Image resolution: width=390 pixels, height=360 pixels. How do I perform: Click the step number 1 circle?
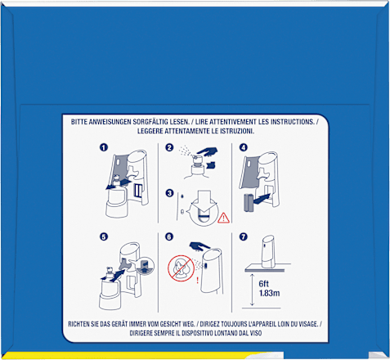104,147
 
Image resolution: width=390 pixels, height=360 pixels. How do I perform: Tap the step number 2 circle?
169,147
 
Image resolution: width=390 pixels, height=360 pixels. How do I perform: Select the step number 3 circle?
169,193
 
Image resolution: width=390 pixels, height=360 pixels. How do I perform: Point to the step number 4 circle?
243,147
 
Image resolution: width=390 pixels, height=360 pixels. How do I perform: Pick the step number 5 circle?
104,236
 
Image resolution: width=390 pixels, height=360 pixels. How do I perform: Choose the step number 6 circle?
169,236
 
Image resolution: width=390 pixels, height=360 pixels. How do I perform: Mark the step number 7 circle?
243,236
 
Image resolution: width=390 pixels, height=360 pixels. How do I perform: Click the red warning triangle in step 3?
223,218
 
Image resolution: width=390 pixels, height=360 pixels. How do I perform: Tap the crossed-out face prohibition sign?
181,268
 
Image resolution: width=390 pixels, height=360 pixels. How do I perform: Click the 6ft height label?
263,284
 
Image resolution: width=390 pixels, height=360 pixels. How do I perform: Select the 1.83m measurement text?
269,293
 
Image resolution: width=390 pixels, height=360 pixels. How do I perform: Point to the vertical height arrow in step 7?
252,290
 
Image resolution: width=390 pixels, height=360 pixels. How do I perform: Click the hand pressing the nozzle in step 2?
208,151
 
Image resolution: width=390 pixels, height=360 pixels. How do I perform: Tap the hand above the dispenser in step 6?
199,245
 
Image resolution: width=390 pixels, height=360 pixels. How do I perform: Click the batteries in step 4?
248,203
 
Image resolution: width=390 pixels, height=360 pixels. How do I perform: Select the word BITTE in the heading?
79,122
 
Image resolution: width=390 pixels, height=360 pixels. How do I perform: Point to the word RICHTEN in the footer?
78,324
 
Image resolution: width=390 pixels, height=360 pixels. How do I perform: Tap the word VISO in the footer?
256,333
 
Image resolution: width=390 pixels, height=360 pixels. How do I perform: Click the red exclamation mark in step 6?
197,281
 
